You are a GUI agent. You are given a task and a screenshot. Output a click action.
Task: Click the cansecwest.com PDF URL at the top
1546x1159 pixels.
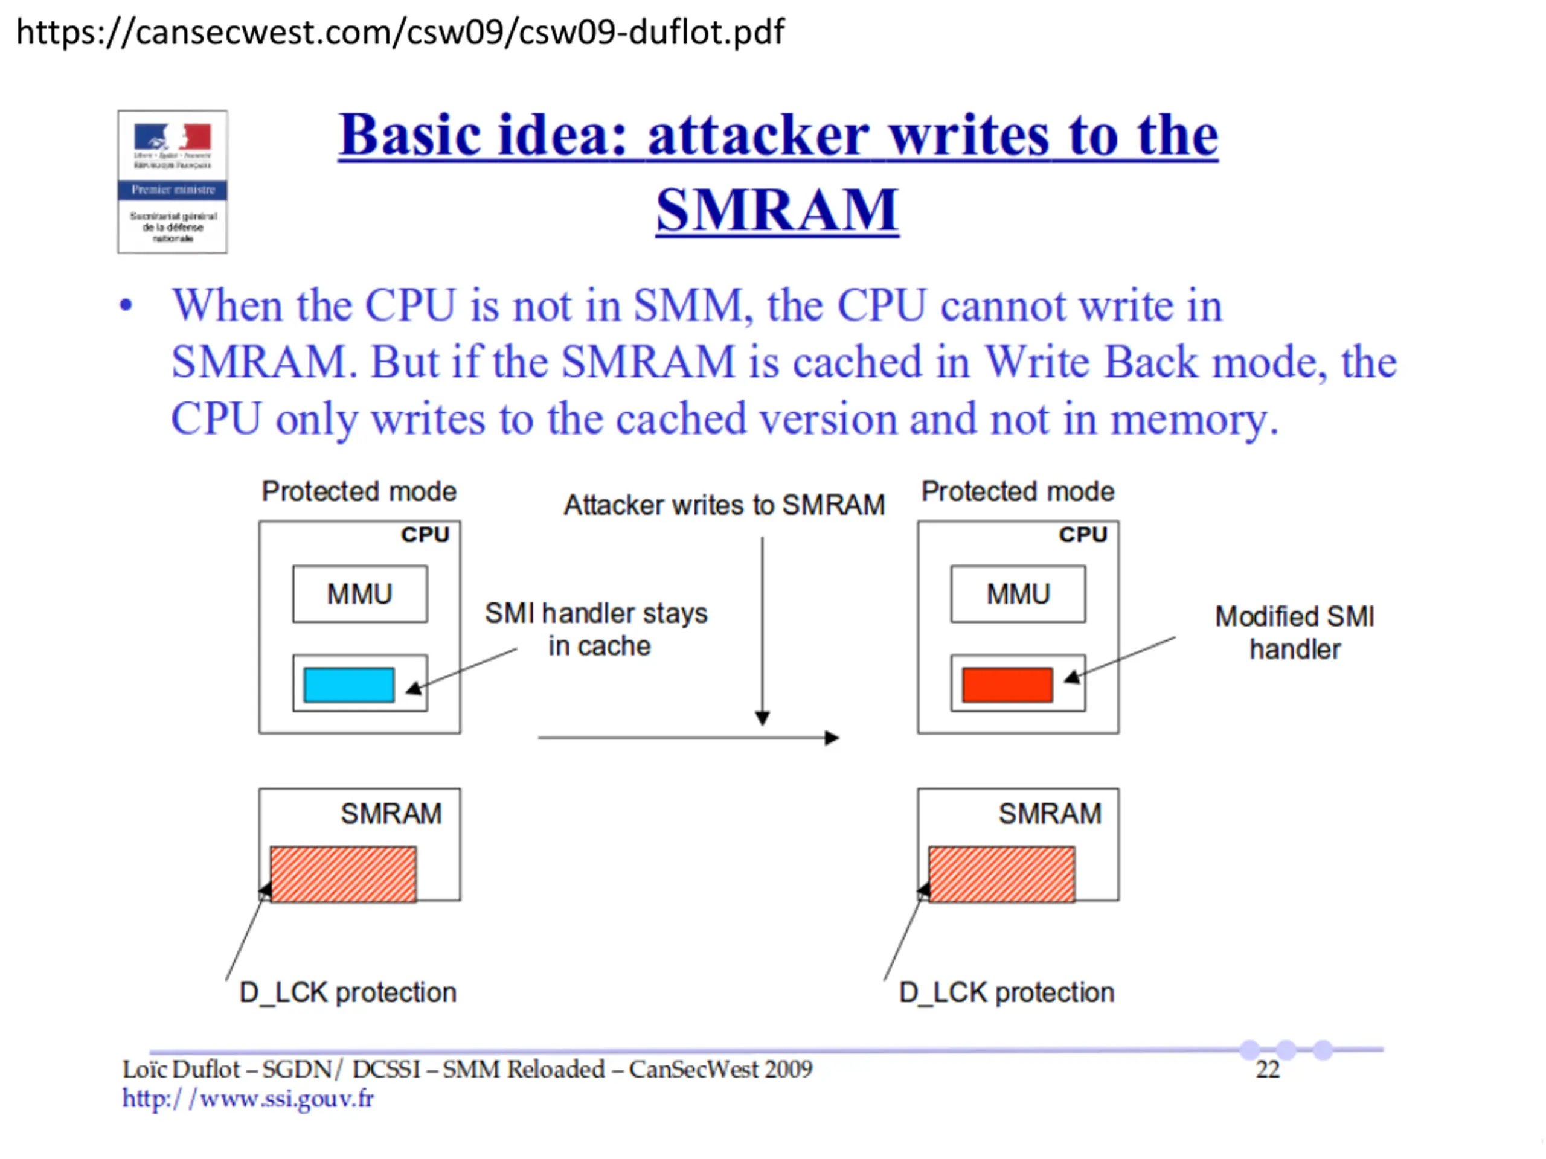point(400,32)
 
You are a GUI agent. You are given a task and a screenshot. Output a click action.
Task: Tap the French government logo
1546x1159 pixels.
point(172,181)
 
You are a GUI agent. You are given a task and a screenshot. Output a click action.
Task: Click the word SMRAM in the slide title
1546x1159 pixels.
point(777,209)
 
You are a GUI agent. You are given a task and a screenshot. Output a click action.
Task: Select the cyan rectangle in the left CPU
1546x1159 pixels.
point(349,685)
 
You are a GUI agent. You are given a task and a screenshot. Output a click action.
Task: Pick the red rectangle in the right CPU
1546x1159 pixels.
point(1007,685)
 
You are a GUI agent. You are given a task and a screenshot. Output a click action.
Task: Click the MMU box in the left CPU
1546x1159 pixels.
point(360,594)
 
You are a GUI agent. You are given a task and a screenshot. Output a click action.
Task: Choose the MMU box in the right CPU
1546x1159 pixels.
point(1018,594)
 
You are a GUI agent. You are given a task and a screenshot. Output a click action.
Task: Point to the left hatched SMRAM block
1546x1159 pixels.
point(343,874)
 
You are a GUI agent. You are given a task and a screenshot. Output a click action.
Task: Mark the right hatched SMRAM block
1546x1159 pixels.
point(1001,874)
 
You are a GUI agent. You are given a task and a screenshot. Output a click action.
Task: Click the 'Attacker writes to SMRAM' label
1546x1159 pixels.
point(724,505)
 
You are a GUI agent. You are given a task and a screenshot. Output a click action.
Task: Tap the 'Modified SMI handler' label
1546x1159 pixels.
point(1294,632)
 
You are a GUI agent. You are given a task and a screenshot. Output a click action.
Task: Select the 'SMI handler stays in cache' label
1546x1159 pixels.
point(596,629)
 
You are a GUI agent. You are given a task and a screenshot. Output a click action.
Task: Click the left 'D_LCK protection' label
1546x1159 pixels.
point(347,992)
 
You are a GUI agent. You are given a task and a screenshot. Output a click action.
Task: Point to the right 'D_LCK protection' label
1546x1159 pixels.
point(1007,992)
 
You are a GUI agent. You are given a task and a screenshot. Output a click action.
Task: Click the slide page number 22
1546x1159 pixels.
point(1267,1070)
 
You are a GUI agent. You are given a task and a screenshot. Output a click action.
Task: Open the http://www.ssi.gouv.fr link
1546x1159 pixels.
point(248,1099)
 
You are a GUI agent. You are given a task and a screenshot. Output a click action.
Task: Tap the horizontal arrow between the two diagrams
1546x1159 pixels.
point(688,738)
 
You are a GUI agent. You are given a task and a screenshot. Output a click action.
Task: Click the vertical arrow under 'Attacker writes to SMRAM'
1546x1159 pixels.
point(763,629)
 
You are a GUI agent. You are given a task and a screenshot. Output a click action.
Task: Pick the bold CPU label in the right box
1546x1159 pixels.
point(1083,534)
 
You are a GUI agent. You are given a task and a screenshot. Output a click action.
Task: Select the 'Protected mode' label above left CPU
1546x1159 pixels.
point(359,491)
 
